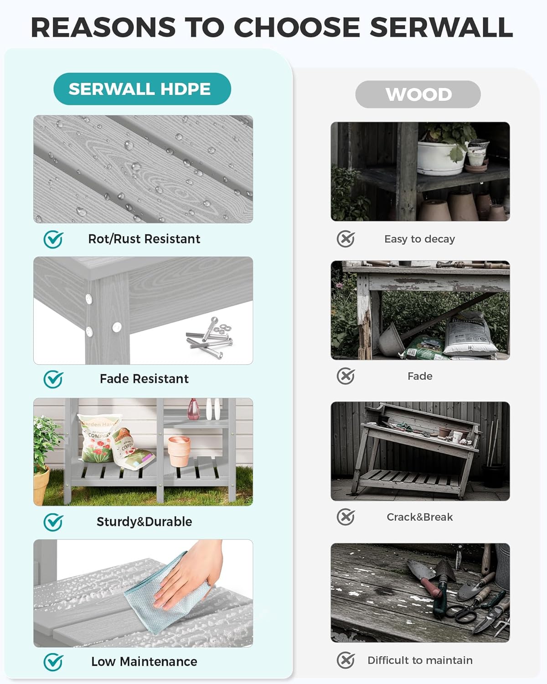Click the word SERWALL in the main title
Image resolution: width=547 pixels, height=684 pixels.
click(441, 27)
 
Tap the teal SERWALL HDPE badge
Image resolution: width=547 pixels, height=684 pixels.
click(142, 88)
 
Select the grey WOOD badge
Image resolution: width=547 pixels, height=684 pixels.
click(418, 94)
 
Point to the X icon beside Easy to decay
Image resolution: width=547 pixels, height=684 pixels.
click(346, 238)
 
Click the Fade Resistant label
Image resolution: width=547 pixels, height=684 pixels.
click(144, 378)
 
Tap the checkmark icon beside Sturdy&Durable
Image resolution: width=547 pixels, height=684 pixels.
click(53, 522)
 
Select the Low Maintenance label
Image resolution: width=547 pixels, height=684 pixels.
click(144, 662)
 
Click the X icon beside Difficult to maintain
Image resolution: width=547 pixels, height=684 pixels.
click(346, 660)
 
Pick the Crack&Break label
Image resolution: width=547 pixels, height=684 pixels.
click(419, 517)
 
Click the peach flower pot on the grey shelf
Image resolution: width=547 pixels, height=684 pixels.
click(179, 451)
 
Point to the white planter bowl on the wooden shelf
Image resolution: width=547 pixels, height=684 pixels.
click(442, 158)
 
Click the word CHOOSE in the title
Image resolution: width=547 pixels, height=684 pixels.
click(297, 27)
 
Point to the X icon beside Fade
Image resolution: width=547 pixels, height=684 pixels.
click(346, 376)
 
